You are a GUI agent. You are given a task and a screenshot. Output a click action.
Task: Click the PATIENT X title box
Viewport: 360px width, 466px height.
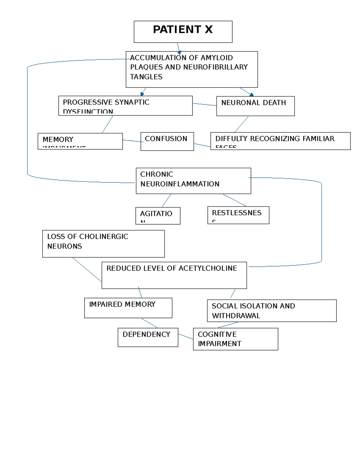pyautogui.click(x=183, y=31)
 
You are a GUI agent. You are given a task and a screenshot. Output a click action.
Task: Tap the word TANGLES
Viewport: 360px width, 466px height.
pyautogui.click(x=146, y=77)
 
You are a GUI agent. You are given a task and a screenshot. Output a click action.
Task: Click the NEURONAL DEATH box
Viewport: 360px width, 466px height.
pyautogui.click(x=255, y=106)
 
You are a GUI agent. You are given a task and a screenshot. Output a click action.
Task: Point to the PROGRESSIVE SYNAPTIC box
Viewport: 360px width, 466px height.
pyautogui.click(x=125, y=105)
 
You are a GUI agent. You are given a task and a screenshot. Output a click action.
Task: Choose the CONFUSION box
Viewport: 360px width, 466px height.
pyautogui.click(x=167, y=141)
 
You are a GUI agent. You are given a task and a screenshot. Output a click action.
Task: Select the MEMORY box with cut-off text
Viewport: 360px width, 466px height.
pyautogui.click(x=80, y=141)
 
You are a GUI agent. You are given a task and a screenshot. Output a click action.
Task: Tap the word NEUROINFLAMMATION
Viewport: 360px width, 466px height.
pyautogui.click(x=180, y=184)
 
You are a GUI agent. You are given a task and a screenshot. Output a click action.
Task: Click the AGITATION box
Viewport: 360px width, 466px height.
pyautogui.click(x=157, y=215)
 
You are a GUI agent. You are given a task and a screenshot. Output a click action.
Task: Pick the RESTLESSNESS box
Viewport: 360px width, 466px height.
pyautogui.click(x=238, y=215)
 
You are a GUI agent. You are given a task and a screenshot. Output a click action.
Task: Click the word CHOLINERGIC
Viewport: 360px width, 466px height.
pyautogui.click(x=103, y=236)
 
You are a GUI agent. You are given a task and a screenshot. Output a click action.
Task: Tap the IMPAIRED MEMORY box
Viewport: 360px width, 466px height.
pyautogui.click(x=128, y=308)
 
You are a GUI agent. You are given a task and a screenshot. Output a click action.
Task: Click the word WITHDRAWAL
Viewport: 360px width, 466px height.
pyautogui.click(x=236, y=316)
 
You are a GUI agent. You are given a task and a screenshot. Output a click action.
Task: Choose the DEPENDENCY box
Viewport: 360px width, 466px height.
pyautogui.click(x=148, y=337)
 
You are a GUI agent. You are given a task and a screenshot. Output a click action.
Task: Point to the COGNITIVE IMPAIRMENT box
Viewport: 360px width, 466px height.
pyautogui.click(x=235, y=339)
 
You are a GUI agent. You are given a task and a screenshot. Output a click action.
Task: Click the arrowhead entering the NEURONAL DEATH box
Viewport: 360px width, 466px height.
pyautogui.click(x=251, y=95)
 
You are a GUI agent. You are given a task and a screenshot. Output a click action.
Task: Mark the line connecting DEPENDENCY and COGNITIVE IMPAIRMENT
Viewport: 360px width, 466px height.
pyautogui.click(x=186, y=336)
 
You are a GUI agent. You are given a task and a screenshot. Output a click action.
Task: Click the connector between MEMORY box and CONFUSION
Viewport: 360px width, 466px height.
pyautogui.click(x=132, y=140)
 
